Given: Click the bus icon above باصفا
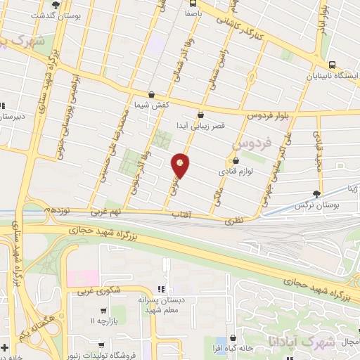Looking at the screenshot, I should [x=192, y=3].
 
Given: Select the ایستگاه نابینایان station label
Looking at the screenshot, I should [x=328, y=77].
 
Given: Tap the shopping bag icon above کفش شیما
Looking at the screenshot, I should [x=152, y=94].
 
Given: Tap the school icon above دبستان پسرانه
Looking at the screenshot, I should [x=161, y=289].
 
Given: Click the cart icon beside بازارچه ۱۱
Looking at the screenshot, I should [x=104, y=310].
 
